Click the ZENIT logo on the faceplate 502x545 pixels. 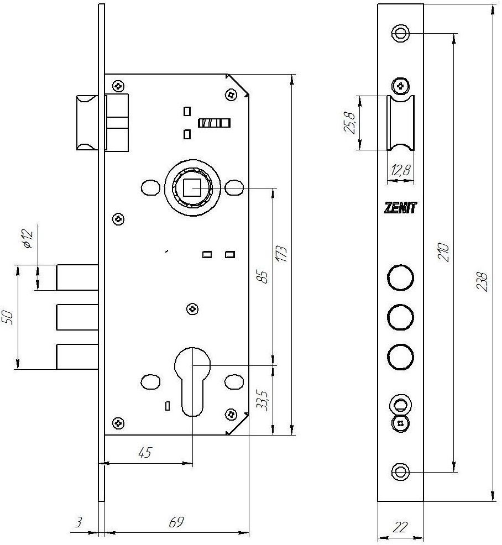point(400,207)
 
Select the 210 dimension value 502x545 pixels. point(443,252)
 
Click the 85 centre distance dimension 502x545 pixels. point(264,277)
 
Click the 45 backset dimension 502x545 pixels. point(145,453)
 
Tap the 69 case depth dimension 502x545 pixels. point(176,522)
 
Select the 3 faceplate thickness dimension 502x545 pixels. point(79,522)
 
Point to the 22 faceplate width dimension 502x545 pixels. point(400,527)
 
